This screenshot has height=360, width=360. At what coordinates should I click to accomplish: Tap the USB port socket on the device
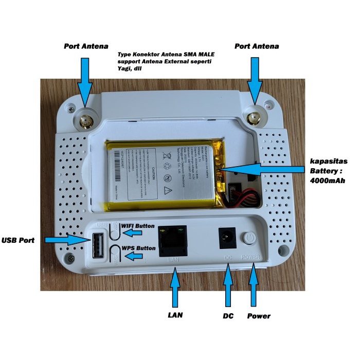click(x=98, y=245)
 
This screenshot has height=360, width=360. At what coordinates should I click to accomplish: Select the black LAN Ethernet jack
click(x=173, y=240)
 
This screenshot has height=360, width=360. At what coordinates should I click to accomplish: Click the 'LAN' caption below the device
click(x=176, y=315)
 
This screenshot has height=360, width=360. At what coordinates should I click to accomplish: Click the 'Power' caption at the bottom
click(x=259, y=315)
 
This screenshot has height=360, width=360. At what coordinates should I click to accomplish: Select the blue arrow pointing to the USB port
click(x=64, y=240)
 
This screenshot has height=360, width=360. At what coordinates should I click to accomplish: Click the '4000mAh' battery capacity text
click(x=327, y=181)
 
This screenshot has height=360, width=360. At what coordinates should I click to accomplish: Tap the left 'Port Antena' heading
click(x=85, y=46)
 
